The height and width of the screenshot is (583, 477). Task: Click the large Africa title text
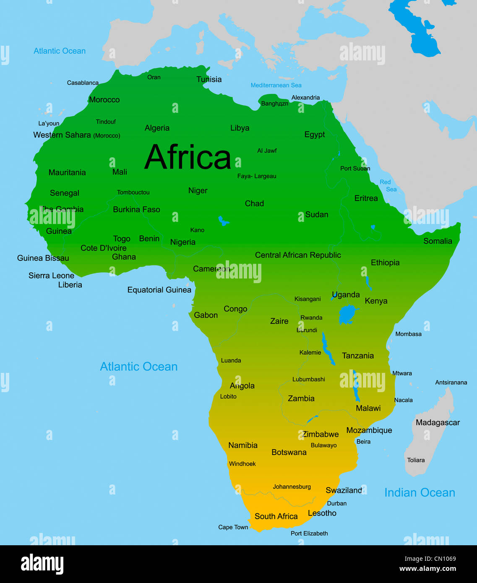point(188,157)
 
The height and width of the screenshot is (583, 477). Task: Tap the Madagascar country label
point(438,422)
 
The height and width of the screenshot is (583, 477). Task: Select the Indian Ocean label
point(420,492)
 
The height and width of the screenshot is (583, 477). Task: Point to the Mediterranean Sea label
point(276,85)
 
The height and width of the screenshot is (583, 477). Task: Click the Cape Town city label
point(233,527)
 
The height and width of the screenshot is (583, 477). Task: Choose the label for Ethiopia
point(385,263)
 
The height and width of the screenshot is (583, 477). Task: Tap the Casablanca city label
point(83,83)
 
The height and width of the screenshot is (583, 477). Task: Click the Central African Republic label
point(298,255)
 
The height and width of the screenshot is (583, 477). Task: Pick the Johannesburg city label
point(292,487)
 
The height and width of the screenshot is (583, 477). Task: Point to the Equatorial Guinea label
point(159,290)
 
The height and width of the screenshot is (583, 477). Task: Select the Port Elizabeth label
point(309,534)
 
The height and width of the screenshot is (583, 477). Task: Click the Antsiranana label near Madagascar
point(451,383)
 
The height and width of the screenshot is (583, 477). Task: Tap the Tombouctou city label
point(133,193)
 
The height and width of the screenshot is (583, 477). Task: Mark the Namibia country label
point(242,445)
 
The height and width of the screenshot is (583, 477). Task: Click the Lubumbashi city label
point(308,379)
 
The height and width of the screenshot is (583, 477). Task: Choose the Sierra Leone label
point(51,276)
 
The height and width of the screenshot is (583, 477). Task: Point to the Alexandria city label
point(305,98)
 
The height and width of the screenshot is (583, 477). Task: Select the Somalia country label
point(438,241)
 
